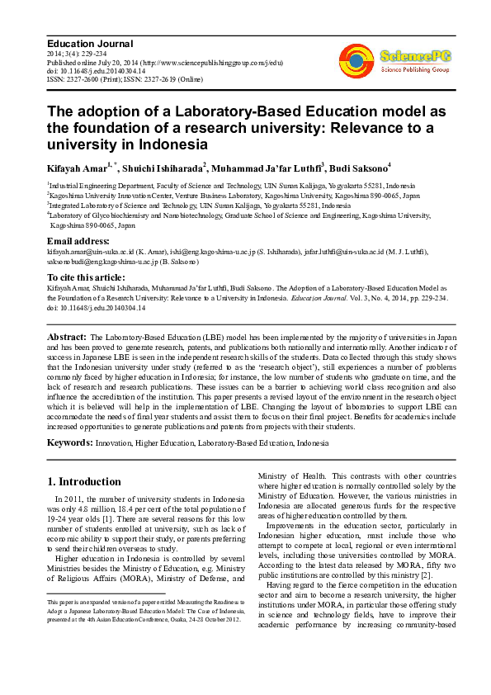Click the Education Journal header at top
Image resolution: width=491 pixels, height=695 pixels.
pos(90,44)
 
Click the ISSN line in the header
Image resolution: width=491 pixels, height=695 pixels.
pos(135,81)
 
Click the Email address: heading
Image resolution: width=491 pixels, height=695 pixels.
pos(78,242)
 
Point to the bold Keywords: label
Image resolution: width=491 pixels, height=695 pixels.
pos(70,443)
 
